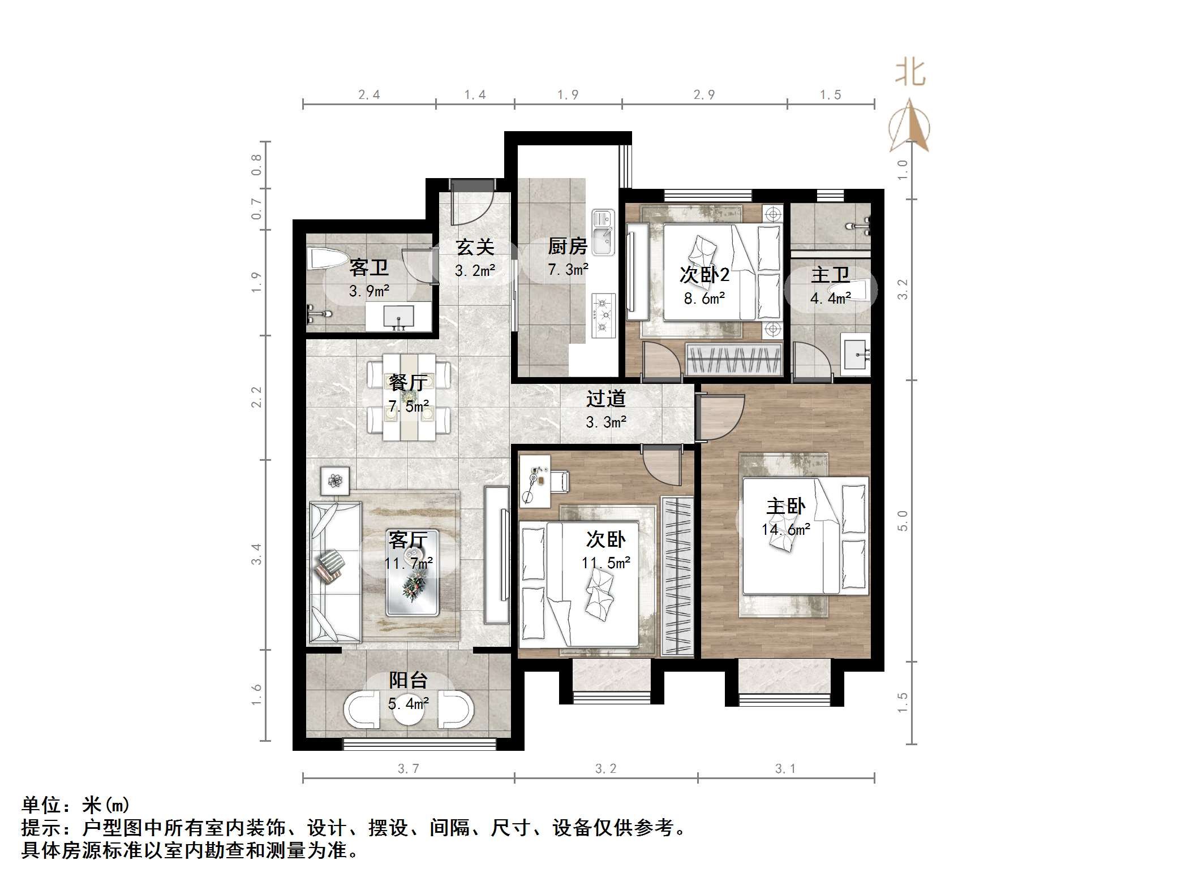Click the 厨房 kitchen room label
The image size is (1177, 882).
pyautogui.click(x=568, y=247)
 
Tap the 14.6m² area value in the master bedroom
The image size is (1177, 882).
pyautogui.click(x=785, y=530)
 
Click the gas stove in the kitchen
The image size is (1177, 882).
pyautogui.click(x=604, y=315)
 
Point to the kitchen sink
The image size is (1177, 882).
pyautogui.click(x=603, y=232)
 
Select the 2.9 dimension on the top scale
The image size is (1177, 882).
pyautogui.click(x=704, y=95)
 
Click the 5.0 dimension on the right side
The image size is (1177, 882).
pyautogui.click(x=903, y=520)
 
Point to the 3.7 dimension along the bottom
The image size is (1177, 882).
pyautogui.click(x=408, y=768)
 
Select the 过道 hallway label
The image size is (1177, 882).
pyautogui.click(x=605, y=399)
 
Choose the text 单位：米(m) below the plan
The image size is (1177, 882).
pyautogui.click(x=76, y=805)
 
